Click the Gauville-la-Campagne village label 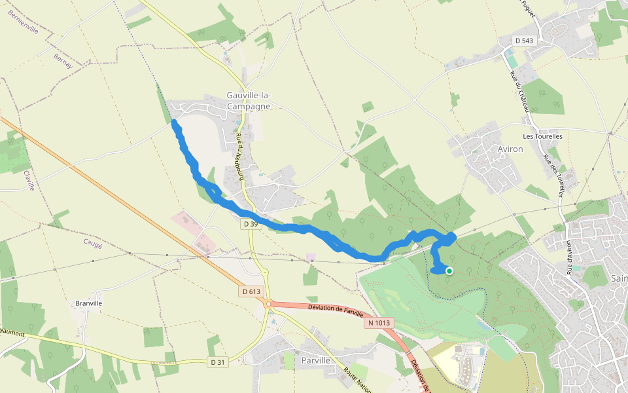tap(248, 101)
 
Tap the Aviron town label tap(510, 149)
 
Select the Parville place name tap(315, 360)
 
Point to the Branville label tap(89, 304)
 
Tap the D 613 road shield tap(251, 291)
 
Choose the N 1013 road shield tap(379, 322)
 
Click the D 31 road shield tap(218, 362)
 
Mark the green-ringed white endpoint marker tap(449, 271)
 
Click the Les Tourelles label tap(542, 136)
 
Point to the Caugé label tap(93, 243)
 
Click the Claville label tap(28, 180)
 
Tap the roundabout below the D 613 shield tap(268, 303)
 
